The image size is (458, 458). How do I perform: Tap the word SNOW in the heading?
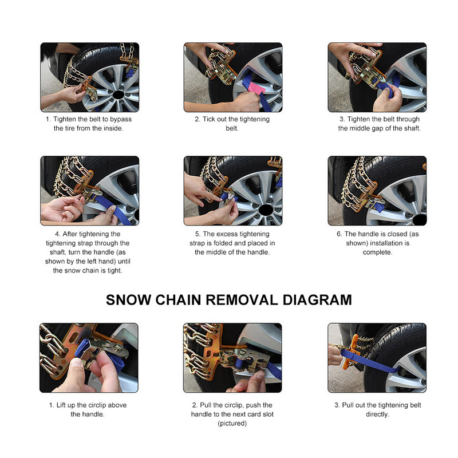pyautogui.click(x=128, y=300)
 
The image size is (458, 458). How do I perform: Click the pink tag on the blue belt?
pyautogui.click(x=256, y=88)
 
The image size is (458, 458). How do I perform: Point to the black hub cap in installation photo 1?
pyautogui.click(x=118, y=95)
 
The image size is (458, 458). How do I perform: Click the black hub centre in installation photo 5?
pyautogui.click(x=266, y=210)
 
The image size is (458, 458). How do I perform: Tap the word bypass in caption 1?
pyautogui.click(x=121, y=119)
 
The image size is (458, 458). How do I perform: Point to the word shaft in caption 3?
pyautogui.click(x=412, y=128)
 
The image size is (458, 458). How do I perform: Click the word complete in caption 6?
pyautogui.click(x=377, y=252)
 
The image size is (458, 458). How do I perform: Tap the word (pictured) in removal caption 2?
pyautogui.click(x=232, y=423)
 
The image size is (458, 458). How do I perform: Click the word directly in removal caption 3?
pyautogui.click(x=377, y=414)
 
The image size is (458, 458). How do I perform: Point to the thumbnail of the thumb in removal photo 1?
pyautogui.click(x=77, y=363)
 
